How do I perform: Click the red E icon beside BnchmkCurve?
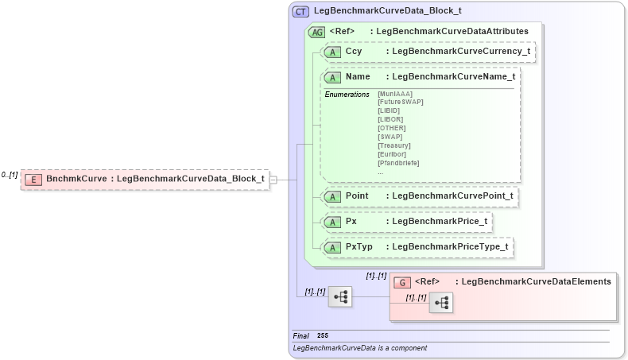coord(33,180)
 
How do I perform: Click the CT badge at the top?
coord(301,11)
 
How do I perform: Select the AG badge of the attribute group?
coord(316,32)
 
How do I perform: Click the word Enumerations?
coord(347,94)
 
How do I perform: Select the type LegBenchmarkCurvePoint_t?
coord(452,195)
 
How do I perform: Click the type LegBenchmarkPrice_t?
coord(436,221)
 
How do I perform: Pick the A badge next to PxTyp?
coord(332,247)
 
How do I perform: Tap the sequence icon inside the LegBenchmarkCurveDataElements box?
coord(441,302)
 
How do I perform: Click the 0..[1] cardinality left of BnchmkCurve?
coord(10,175)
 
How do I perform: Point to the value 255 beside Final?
coord(323,336)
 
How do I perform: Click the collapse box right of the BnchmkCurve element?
coord(273,180)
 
